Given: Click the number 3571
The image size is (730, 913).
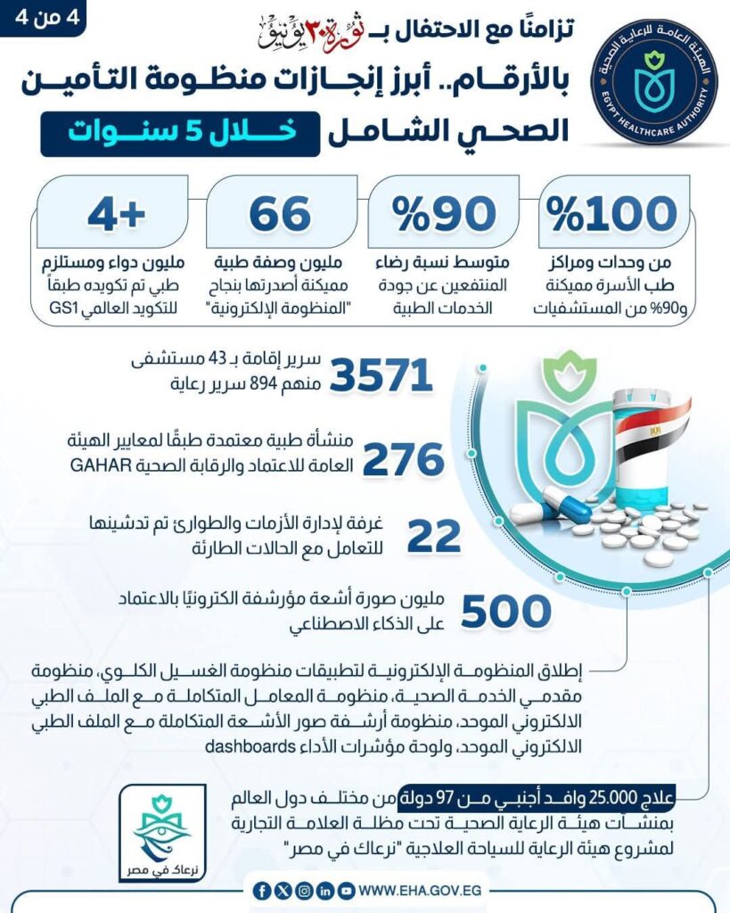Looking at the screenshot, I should pyautogui.click(x=381, y=375).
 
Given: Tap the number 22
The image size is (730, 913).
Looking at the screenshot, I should pyautogui.click(x=434, y=535).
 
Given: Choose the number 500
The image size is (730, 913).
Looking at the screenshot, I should pyautogui.click(x=506, y=613).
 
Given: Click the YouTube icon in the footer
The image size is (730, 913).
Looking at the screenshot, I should pyautogui.click(x=346, y=891).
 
